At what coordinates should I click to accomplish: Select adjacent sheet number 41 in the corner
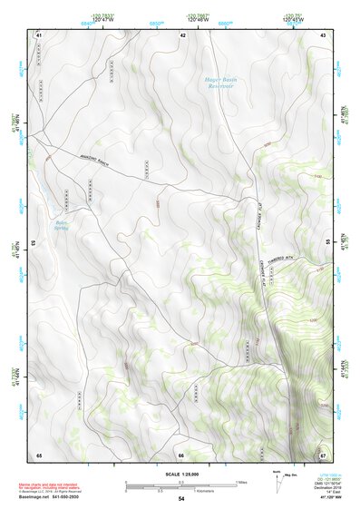pos(39,34)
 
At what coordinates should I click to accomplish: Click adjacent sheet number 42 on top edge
pos(182,34)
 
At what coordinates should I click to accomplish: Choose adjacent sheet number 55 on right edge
pos(327,243)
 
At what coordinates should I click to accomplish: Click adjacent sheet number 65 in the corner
pos(39,454)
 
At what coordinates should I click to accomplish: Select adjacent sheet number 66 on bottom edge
pos(181,455)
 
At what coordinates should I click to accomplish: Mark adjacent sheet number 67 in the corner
pos(323,454)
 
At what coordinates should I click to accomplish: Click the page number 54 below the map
pos(181,498)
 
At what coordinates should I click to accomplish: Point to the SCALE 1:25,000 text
pos(181,474)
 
